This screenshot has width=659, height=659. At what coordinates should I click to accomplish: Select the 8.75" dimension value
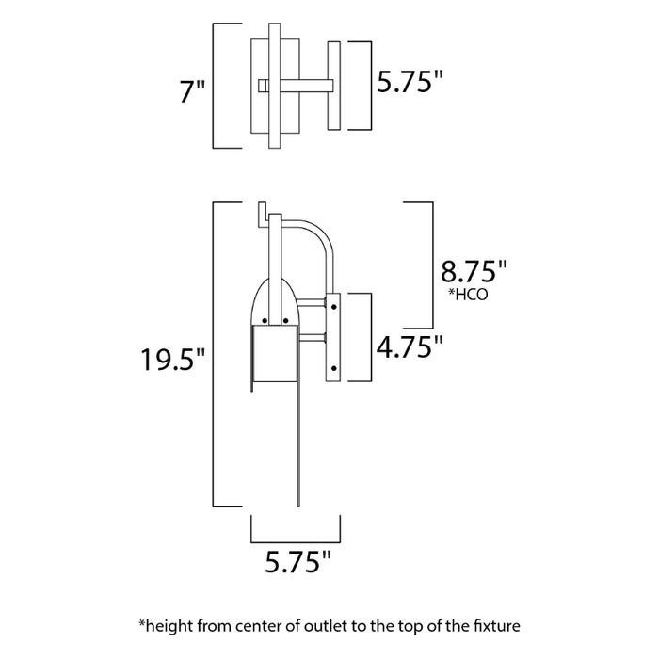(474, 272)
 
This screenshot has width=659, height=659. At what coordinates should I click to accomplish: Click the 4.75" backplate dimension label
(410, 346)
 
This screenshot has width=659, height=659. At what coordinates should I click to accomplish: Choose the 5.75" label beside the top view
(410, 82)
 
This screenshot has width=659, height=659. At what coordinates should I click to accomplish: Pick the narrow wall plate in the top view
(333, 86)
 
